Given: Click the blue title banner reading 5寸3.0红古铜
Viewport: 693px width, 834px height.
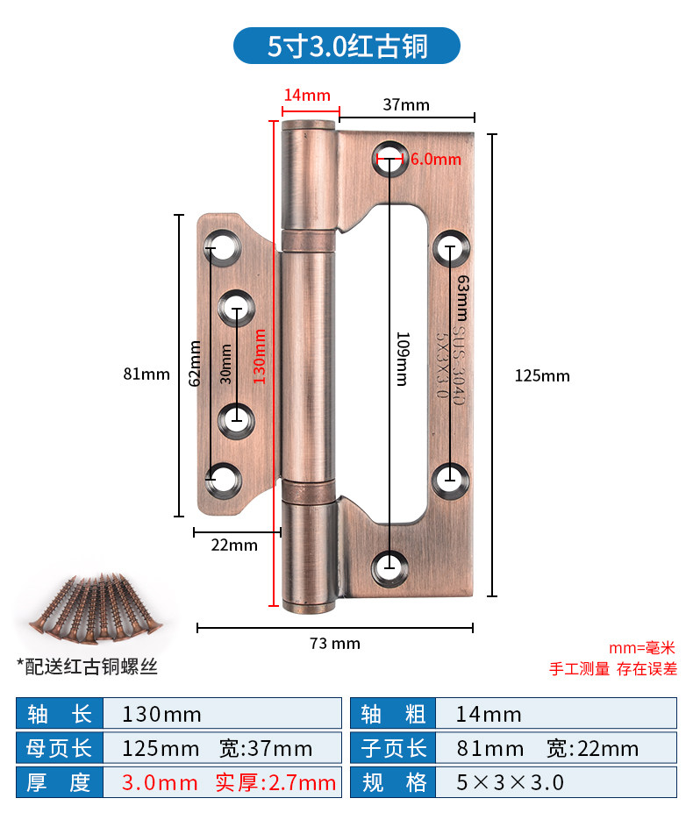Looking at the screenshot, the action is (x=346, y=46).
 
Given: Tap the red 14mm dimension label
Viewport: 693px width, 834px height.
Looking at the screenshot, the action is (x=307, y=96).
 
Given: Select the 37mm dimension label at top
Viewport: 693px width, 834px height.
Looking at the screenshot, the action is (x=406, y=104).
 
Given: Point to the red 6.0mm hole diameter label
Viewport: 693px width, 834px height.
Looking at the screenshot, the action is (x=436, y=159).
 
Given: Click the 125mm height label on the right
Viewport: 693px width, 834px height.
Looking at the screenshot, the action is (x=542, y=376).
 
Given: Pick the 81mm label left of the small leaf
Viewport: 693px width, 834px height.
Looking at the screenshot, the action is (x=146, y=374).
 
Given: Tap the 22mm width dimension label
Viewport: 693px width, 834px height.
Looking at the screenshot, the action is (x=234, y=545).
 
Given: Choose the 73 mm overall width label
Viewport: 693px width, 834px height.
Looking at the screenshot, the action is (x=335, y=644).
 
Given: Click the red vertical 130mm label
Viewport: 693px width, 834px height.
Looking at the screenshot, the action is (x=259, y=356).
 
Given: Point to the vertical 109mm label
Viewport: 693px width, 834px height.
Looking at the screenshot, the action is (x=404, y=359).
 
